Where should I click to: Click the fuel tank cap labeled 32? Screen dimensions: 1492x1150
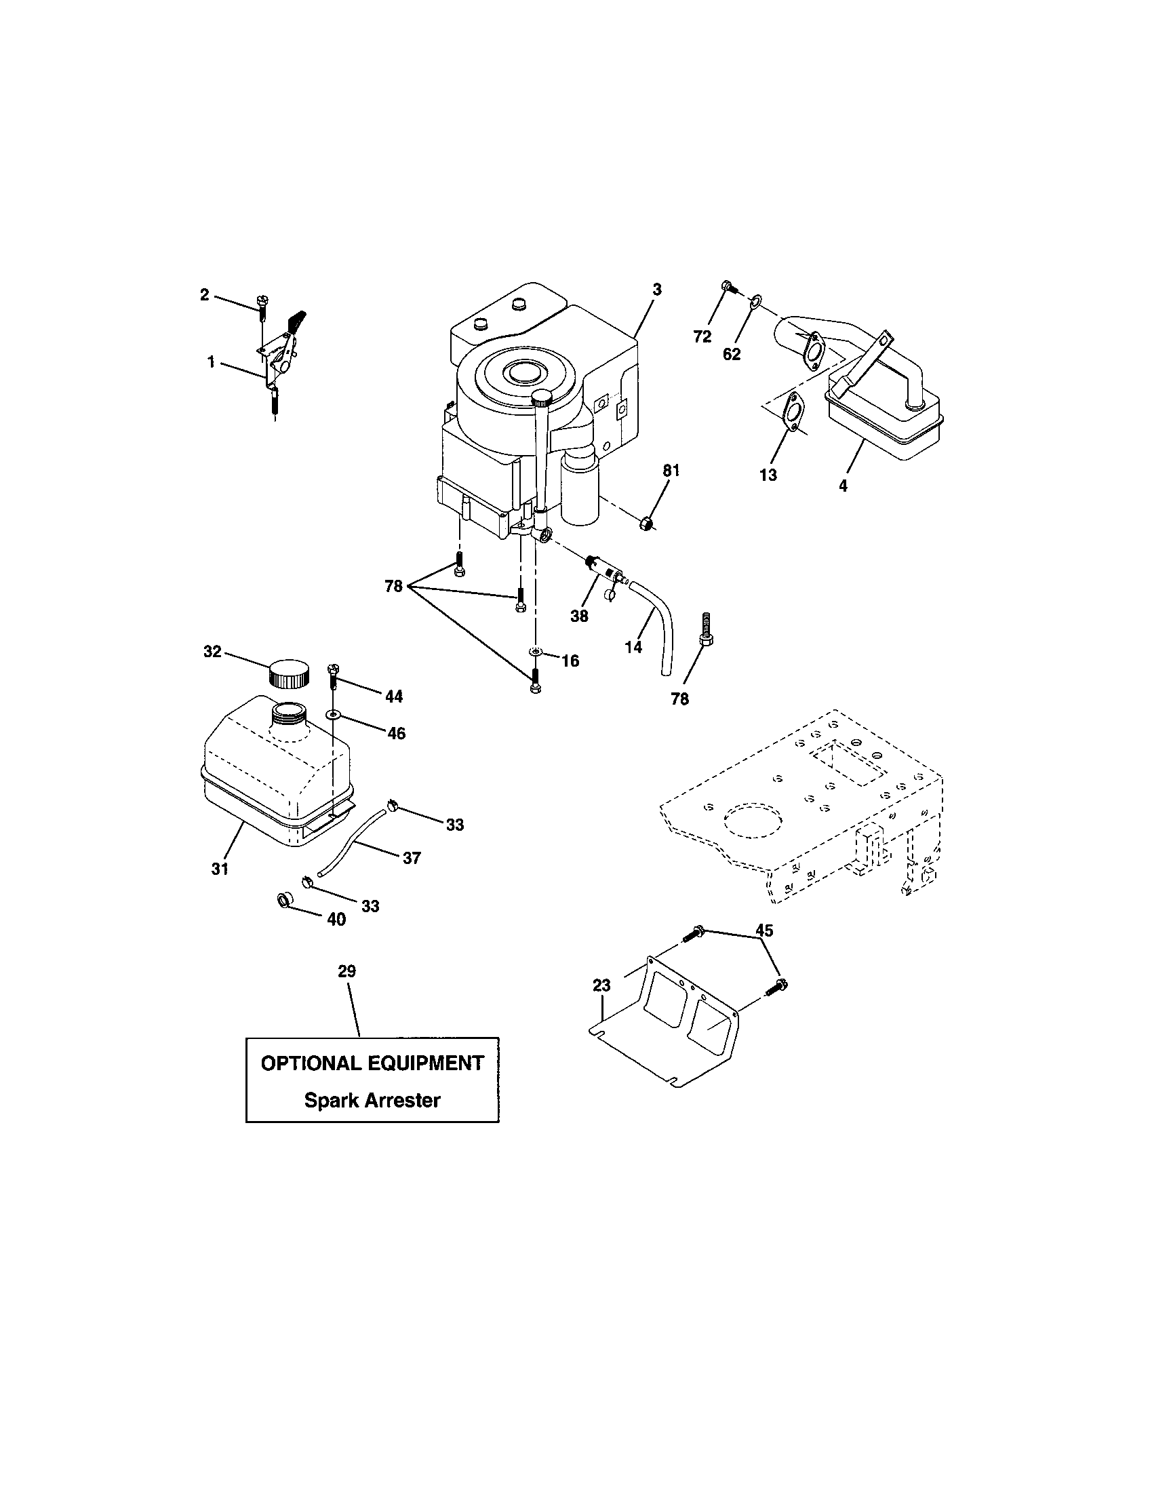[288, 673]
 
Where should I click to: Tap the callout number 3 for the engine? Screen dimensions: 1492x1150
[656, 290]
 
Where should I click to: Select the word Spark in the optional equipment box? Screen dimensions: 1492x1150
[332, 1100]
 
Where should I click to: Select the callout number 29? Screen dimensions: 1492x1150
[347, 970]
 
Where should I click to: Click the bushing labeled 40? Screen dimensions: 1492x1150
[284, 899]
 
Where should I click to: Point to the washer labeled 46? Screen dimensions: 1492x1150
[332, 713]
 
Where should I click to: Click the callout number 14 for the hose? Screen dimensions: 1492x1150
[633, 646]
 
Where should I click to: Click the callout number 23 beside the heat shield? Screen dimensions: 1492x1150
[601, 985]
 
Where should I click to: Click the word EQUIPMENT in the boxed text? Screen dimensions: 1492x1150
[425, 1063]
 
